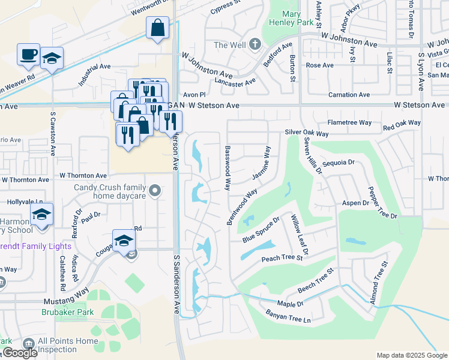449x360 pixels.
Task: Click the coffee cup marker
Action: (x=28, y=54)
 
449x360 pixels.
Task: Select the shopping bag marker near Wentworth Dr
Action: (x=157, y=28)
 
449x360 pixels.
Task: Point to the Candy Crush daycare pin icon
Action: (x=155, y=191)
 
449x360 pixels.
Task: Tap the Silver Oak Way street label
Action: (x=307, y=133)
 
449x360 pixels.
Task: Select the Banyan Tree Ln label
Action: (x=289, y=316)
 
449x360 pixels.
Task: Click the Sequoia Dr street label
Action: (x=339, y=162)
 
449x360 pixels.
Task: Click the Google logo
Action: (x=19, y=353)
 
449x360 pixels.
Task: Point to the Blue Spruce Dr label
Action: (x=261, y=230)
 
